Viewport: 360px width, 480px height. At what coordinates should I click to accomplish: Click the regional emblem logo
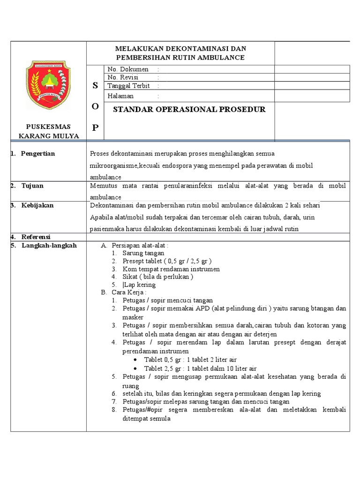click(x=48, y=84)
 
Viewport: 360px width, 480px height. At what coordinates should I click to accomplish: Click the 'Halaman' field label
click(x=120, y=96)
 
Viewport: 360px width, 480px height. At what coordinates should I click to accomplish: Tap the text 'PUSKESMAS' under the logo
click(x=48, y=126)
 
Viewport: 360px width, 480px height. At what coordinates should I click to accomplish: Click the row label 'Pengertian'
click(x=38, y=153)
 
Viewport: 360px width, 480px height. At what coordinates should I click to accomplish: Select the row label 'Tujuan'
click(x=32, y=186)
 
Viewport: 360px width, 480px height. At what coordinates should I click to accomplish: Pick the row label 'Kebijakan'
click(x=37, y=205)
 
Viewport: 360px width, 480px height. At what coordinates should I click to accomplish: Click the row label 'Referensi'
click(x=36, y=236)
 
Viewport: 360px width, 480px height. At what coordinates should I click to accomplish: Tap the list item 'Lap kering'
click(x=139, y=285)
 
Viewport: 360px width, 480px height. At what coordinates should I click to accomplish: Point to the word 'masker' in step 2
click(x=133, y=317)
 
